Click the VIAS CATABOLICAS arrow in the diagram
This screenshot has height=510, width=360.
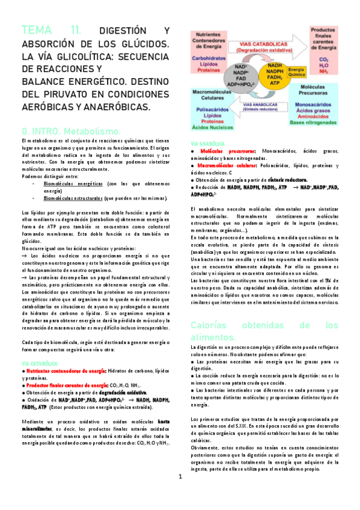click(x=258, y=48)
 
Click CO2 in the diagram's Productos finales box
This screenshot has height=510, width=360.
click(x=323, y=60)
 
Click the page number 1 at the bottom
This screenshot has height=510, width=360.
click(x=180, y=494)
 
